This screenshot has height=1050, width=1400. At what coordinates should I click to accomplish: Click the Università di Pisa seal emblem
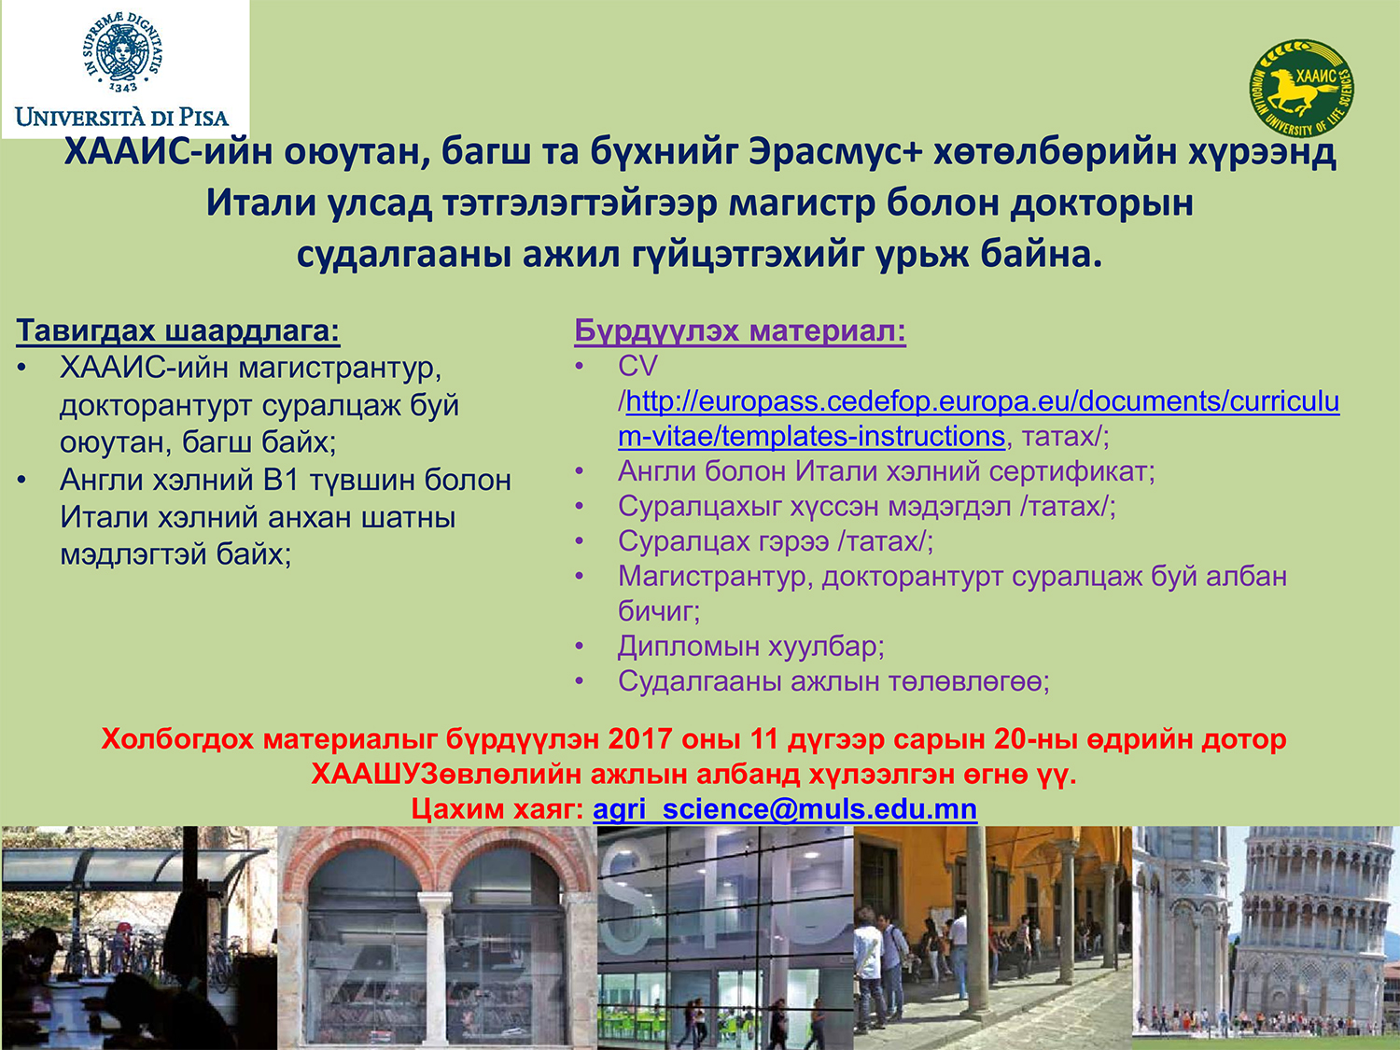coord(122,52)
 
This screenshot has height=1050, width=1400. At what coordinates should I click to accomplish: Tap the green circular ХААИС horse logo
coord(1302,88)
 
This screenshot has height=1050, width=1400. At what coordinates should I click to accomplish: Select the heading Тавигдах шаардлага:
coord(178,331)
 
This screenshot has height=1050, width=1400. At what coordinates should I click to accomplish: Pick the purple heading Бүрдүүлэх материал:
coord(740,331)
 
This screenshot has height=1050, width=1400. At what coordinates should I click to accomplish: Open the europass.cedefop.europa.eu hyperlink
coord(979,419)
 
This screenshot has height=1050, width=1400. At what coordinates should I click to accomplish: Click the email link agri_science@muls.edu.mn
coord(785,809)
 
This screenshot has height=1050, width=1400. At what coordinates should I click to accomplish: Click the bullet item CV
coord(637,366)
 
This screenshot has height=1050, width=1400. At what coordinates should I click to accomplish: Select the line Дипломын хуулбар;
coord(750,647)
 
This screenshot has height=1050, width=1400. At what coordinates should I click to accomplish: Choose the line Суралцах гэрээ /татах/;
coord(776,541)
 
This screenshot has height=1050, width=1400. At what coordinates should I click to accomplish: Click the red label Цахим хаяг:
coord(497,809)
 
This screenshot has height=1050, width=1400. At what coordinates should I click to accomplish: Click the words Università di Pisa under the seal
coord(122,118)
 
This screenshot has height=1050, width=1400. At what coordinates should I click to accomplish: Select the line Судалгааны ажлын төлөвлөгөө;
coord(833,681)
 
